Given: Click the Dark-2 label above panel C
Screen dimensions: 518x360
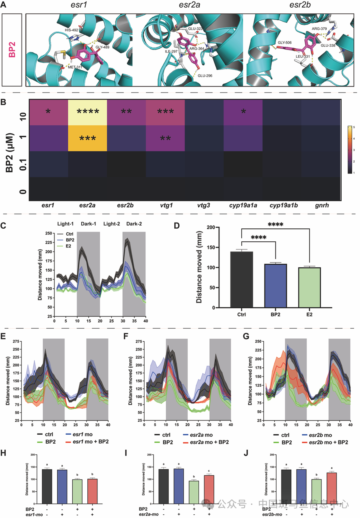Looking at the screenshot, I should [x=134, y=224].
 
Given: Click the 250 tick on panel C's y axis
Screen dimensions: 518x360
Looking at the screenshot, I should [x=50, y=233].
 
